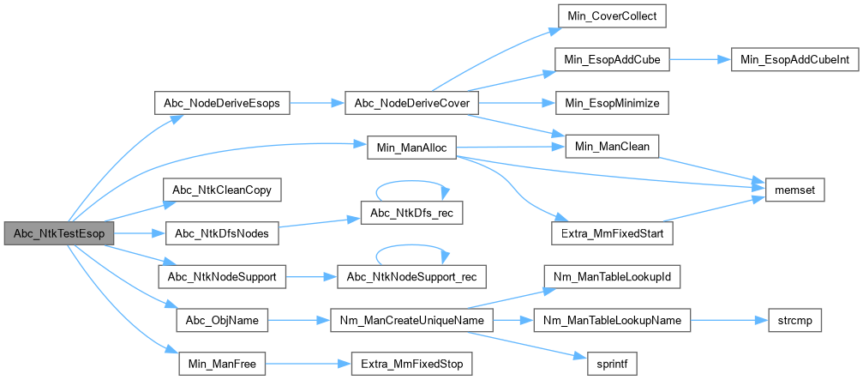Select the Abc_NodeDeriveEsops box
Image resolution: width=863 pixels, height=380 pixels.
[x=222, y=103]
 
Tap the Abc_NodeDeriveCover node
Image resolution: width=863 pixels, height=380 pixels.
[x=410, y=103]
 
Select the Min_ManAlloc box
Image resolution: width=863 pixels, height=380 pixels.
[x=410, y=147]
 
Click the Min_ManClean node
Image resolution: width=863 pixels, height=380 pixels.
[x=609, y=147]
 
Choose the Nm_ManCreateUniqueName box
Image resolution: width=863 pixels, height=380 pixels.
[x=410, y=321]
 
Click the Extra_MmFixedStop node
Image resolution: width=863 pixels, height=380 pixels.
[x=410, y=365]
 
